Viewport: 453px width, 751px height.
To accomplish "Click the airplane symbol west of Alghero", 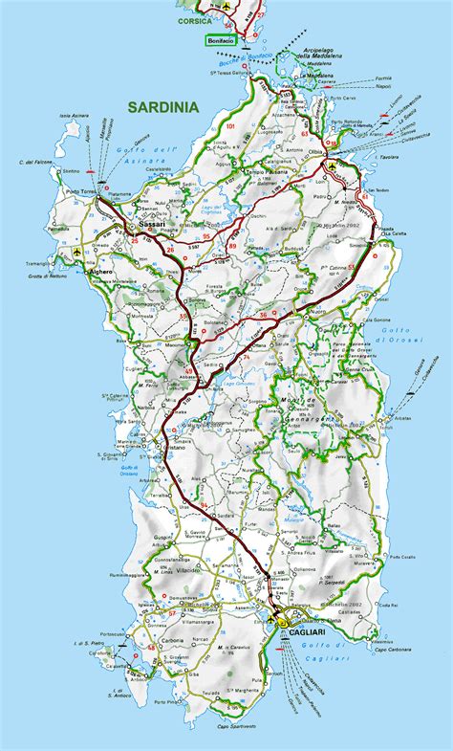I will click(76, 252).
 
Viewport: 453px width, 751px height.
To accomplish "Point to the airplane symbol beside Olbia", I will click(332, 166).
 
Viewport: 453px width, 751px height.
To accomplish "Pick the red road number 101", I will click(229, 126).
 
